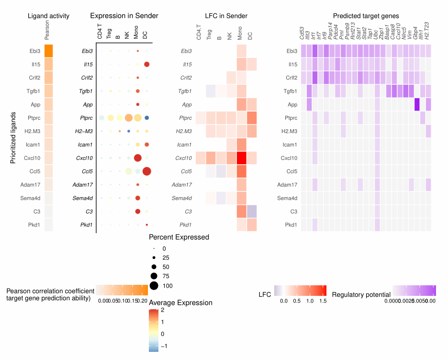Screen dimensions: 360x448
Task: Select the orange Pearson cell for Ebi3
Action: point(48,51)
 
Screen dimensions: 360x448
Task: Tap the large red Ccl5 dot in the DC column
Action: point(146,171)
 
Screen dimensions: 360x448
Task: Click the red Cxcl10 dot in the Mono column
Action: point(138,158)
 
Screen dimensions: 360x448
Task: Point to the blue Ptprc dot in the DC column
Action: point(146,118)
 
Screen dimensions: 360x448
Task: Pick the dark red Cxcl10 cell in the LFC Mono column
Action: point(242,158)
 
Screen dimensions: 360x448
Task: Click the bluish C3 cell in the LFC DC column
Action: point(252,211)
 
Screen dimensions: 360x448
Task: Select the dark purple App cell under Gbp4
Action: point(417,104)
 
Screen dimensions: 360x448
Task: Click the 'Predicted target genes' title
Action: point(366,16)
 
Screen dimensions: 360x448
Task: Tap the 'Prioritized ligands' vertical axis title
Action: point(13,137)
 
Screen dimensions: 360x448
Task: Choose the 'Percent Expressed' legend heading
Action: point(179,237)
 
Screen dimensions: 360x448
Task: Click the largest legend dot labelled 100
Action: point(154,286)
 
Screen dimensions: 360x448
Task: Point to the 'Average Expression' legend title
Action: point(181,303)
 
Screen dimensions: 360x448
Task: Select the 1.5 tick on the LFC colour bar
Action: point(323,301)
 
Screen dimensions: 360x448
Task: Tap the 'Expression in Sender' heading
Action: point(124,16)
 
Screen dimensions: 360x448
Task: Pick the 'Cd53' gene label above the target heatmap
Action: point(302,34)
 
